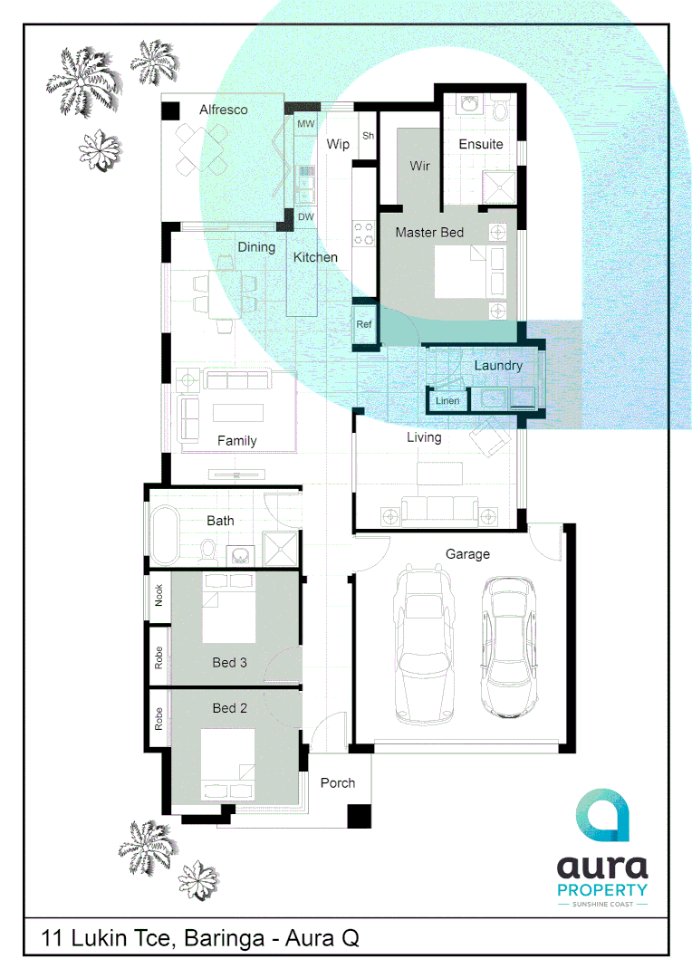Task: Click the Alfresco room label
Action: pyautogui.click(x=224, y=110)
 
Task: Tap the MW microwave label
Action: pyautogui.click(x=305, y=123)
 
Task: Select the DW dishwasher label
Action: pyautogui.click(x=305, y=217)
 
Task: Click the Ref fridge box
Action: pyautogui.click(x=364, y=323)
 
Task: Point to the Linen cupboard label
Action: pyautogui.click(x=447, y=400)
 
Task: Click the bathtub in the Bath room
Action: pyautogui.click(x=164, y=535)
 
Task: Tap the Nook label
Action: pyautogui.click(x=159, y=595)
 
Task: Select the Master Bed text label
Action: pyautogui.click(x=429, y=233)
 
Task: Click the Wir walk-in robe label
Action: pyautogui.click(x=419, y=166)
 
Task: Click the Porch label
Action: pyautogui.click(x=338, y=782)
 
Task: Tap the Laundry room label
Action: pyautogui.click(x=498, y=365)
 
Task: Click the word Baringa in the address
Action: pyautogui.click(x=222, y=939)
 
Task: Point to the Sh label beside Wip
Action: pyautogui.click(x=368, y=136)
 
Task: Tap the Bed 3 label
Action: pyautogui.click(x=230, y=663)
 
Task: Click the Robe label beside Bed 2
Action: pyautogui.click(x=159, y=720)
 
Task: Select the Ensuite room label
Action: pyautogui.click(x=481, y=144)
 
